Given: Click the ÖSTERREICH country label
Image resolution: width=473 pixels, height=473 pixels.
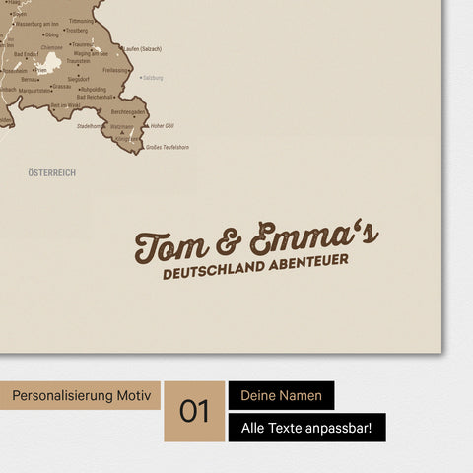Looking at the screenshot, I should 52,172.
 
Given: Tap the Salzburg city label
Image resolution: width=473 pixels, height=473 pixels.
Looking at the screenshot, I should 152,77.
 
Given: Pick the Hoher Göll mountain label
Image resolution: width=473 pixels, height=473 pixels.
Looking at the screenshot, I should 163,126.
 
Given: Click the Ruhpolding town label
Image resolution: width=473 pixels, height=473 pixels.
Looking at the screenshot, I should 93,89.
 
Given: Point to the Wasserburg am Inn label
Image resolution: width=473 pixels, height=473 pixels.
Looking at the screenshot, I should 36,23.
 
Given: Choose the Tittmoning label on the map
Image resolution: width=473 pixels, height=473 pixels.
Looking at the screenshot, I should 82,20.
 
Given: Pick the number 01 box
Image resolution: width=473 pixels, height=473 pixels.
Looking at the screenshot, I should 194,411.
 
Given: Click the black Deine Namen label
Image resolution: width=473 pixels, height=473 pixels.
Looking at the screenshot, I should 281,396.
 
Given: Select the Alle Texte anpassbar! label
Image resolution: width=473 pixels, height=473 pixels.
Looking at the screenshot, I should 306,428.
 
